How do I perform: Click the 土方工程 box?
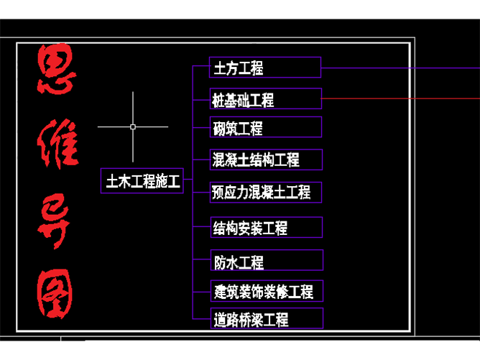click(x=265, y=68)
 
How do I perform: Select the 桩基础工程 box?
click(x=265, y=98)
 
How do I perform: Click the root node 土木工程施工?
click(x=142, y=182)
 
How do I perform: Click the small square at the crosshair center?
click(x=133, y=126)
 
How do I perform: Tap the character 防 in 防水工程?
click(x=220, y=262)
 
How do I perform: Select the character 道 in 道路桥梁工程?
click(x=220, y=319)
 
